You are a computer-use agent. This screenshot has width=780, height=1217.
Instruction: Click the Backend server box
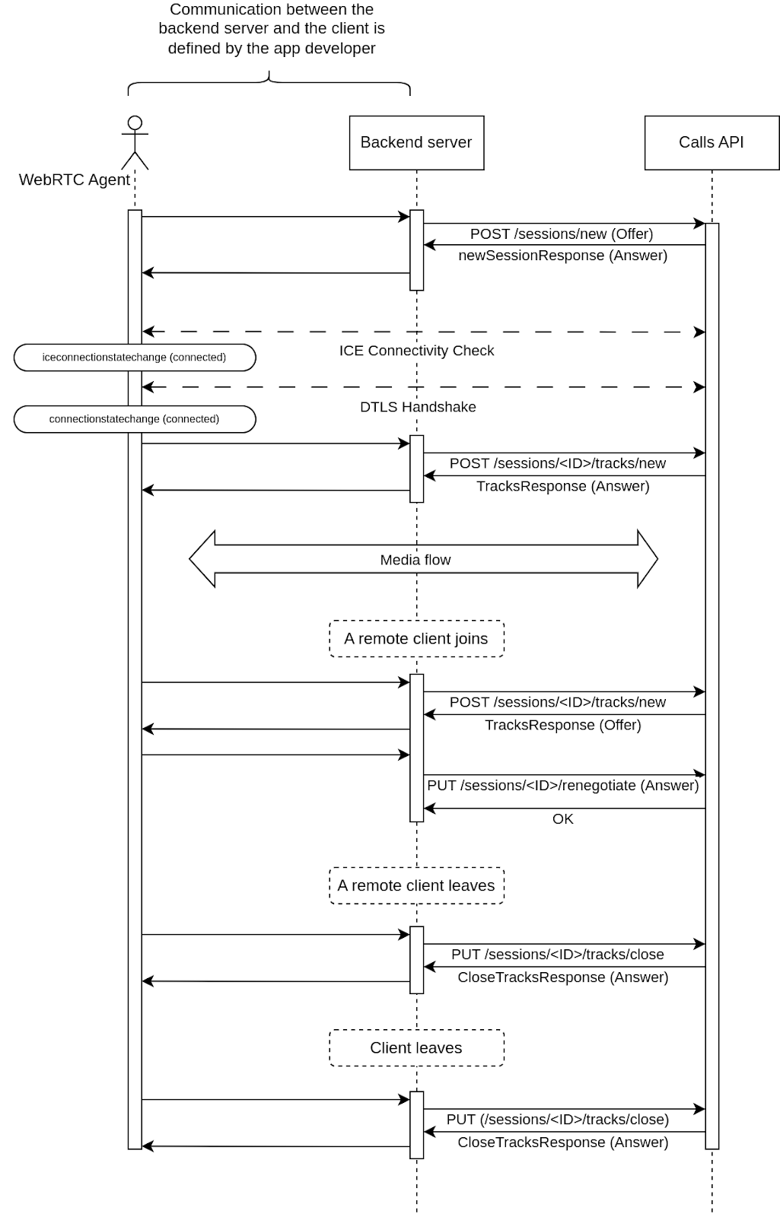pyautogui.click(x=416, y=142)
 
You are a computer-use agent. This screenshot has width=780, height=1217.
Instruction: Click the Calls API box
pyautogui.click(x=711, y=142)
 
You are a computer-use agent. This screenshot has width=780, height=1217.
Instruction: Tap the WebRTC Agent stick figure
pyautogui.click(x=135, y=142)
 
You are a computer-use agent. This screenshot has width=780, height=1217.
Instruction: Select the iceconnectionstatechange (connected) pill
pyautogui.click(x=135, y=357)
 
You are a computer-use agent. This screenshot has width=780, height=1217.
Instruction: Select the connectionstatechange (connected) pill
pyautogui.click(x=135, y=419)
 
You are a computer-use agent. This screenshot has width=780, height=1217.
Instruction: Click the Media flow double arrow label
pyautogui.click(x=415, y=560)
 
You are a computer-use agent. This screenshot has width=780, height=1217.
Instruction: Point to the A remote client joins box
pyautogui.click(x=416, y=639)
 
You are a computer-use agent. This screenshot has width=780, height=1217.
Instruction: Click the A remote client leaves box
pyautogui.click(x=416, y=885)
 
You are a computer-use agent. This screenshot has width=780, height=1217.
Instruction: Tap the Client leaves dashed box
pyautogui.click(x=416, y=1048)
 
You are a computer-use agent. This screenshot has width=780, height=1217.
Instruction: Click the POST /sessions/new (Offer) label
pyautogui.click(x=562, y=234)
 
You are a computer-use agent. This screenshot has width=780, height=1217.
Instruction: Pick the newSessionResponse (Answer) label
pyautogui.click(x=562, y=256)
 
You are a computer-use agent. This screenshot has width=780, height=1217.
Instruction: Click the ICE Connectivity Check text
pyautogui.click(x=416, y=351)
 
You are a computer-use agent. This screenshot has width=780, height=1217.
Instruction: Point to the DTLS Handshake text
pyautogui.click(x=418, y=407)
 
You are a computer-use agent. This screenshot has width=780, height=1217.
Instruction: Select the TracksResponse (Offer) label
pyautogui.click(x=562, y=725)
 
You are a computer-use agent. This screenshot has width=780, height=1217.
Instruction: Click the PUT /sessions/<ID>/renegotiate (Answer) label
pyautogui.click(x=562, y=786)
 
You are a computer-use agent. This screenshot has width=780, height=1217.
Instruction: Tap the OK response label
pyautogui.click(x=562, y=819)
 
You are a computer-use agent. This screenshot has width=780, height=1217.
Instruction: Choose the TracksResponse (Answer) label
pyautogui.click(x=562, y=486)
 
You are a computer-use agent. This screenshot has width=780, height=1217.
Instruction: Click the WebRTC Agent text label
pyautogui.click(x=74, y=180)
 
